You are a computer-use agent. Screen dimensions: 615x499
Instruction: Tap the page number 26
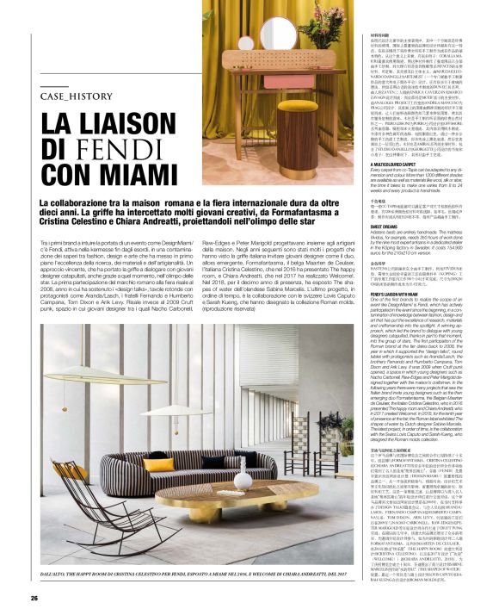[x=34, y=598]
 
